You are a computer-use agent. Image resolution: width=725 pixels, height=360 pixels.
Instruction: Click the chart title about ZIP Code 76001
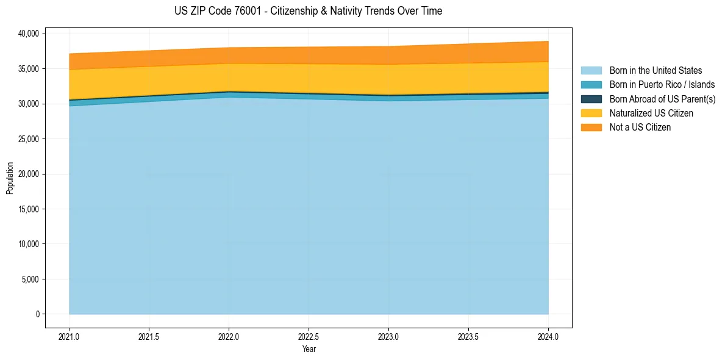[x=308, y=11]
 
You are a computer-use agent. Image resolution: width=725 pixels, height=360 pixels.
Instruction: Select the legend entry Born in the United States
[x=655, y=71]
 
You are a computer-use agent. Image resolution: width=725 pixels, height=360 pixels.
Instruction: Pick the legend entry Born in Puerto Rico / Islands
[x=662, y=85]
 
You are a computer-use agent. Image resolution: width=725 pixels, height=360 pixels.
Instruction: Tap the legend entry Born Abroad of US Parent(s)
[x=662, y=99]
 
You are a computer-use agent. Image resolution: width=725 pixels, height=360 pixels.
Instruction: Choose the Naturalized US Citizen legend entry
[x=651, y=113]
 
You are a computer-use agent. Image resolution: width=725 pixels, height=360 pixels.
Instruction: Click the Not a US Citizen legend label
[x=640, y=127]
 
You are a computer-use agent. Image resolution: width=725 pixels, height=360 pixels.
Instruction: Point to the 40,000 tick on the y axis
[x=28, y=34]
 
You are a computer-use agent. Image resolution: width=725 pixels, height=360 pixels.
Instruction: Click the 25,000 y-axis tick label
[x=28, y=139]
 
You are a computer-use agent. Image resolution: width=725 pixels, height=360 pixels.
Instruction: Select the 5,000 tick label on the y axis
[x=30, y=279]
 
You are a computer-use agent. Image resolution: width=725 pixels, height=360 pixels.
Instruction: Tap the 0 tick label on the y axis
[x=37, y=314]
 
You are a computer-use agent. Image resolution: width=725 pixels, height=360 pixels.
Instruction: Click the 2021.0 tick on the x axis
[x=70, y=336]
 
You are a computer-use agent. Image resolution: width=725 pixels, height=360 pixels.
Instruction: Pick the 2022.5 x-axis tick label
[x=309, y=336]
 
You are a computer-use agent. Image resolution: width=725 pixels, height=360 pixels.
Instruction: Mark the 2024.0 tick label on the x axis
[x=548, y=336]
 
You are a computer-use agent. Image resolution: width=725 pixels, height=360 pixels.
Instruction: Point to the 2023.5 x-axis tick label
[x=468, y=336]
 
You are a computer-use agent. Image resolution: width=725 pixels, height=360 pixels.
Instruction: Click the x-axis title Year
[x=309, y=349]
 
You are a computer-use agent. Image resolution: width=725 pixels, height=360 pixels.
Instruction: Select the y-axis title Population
[x=10, y=178]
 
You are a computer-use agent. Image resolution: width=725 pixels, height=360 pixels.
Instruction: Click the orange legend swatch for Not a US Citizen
[x=591, y=127]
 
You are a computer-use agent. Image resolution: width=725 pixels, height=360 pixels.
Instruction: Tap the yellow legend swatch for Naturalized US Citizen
[x=591, y=113]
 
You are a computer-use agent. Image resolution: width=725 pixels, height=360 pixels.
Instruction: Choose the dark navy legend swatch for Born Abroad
[x=591, y=99]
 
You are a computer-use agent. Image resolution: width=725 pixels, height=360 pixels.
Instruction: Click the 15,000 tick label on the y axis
[x=28, y=209]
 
